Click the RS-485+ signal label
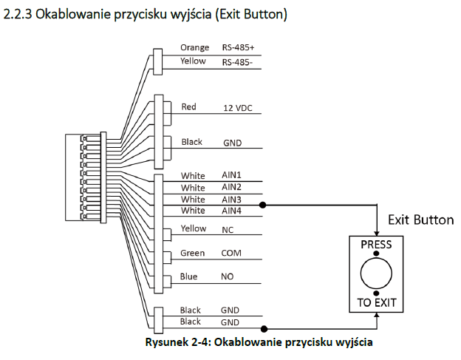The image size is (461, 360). click(x=238, y=47)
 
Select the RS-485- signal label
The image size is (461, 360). click(x=237, y=62)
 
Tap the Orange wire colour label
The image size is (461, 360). click(x=194, y=47)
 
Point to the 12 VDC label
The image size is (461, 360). click(x=238, y=108)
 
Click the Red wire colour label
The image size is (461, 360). click(x=188, y=106)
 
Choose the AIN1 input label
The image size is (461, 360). click(x=231, y=175)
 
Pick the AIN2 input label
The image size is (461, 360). click(x=231, y=187)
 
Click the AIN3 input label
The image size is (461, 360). click(x=231, y=200)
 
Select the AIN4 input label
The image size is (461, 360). click(x=231, y=211)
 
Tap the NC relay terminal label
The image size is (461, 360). click(x=228, y=230)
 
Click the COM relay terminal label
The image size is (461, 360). click(x=231, y=253)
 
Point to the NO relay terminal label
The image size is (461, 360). click(x=228, y=276)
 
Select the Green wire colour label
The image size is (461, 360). click(x=192, y=253)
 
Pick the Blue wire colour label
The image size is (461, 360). click(x=188, y=276)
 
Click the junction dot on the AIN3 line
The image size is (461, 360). click(x=263, y=205)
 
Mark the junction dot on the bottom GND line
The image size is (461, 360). click(x=264, y=329)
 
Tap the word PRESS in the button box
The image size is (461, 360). click(x=376, y=245)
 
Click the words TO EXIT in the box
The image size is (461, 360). click(x=377, y=302)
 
